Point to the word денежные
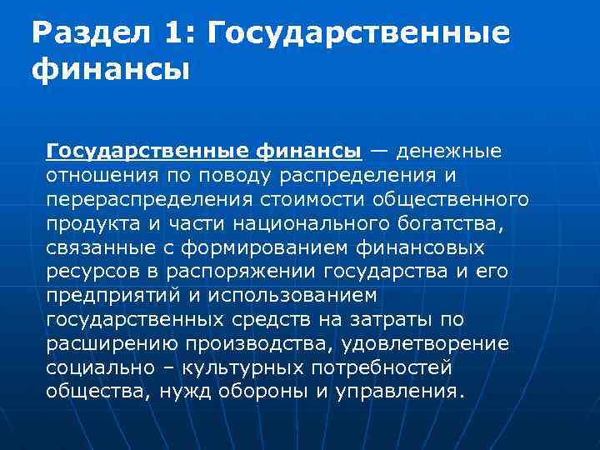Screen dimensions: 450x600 tap(448, 152)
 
